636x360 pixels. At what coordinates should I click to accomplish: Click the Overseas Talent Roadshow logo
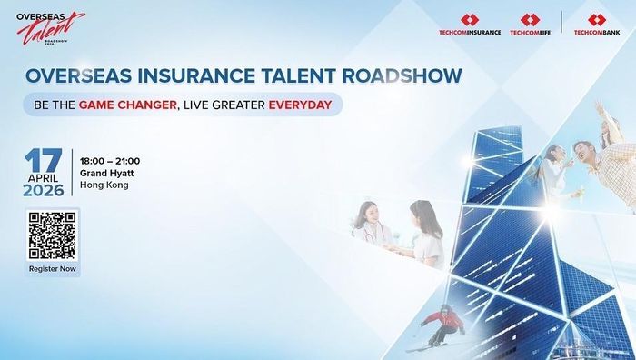[x=50, y=28]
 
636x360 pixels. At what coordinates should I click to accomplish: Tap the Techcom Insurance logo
[x=470, y=25]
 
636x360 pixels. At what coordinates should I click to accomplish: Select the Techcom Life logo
[x=530, y=25]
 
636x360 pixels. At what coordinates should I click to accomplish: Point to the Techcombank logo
[x=597, y=25]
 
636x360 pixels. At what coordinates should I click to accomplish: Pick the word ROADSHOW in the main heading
[x=402, y=75]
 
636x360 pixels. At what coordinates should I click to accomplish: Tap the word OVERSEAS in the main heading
[x=79, y=75]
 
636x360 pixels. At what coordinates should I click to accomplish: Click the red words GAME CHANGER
[x=127, y=105]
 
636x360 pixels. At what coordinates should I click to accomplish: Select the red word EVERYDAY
[x=300, y=105]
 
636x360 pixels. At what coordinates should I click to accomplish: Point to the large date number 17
[x=44, y=160]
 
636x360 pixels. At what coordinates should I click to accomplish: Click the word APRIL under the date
[x=43, y=178]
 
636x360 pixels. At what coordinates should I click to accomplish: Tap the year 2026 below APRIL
[x=44, y=190]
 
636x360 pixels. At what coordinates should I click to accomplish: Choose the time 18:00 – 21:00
[x=110, y=161]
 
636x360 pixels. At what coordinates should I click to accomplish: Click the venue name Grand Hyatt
[x=106, y=174]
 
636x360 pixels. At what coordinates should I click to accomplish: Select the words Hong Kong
[x=104, y=185]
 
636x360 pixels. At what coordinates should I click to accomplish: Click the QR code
[x=53, y=235]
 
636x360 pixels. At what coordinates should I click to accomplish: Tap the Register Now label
[x=53, y=269]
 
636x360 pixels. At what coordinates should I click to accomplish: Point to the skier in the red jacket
[x=442, y=325]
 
